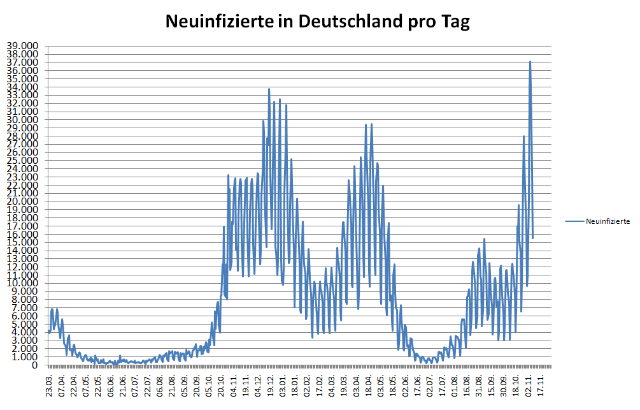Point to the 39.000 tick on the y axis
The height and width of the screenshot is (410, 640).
point(22,46)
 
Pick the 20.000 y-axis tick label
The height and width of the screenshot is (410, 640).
point(22,201)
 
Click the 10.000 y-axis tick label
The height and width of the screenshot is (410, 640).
point(22,283)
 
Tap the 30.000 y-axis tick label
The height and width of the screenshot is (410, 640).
point(22,120)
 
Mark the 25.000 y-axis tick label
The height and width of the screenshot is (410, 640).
point(22,161)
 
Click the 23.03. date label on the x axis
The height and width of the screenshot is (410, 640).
point(50,386)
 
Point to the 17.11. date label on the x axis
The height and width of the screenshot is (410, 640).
point(541,386)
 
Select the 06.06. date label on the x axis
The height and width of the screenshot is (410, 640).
point(111,386)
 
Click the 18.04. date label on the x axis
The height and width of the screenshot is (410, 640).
point(369,386)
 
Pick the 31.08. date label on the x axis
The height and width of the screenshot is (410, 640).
point(480,386)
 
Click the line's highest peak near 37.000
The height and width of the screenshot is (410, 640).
point(530,62)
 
